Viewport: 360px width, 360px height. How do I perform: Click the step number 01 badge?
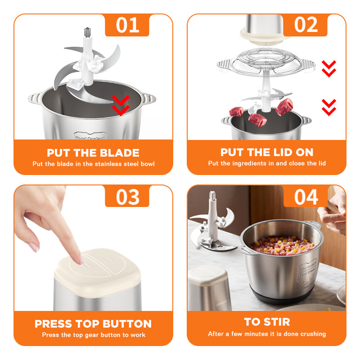tap(127, 25)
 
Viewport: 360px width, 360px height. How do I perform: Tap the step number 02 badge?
tap(306, 25)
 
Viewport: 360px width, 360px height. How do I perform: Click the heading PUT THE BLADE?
tap(93, 153)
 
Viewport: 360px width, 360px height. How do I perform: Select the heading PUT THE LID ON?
tap(267, 153)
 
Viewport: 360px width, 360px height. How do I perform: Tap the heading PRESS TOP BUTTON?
tap(93, 324)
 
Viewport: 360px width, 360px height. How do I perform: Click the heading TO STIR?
tap(267, 322)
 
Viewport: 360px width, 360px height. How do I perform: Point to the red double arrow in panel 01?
tap(120, 105)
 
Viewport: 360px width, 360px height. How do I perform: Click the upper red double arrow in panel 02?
tap(329, 68)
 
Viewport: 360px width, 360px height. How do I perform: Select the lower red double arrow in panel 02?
tap(329, 107)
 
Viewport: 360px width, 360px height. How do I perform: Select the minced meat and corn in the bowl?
tap(282, 245)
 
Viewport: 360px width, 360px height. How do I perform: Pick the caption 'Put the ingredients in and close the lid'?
tap(267, 163)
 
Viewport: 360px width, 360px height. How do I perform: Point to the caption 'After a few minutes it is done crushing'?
tap(267, 334)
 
